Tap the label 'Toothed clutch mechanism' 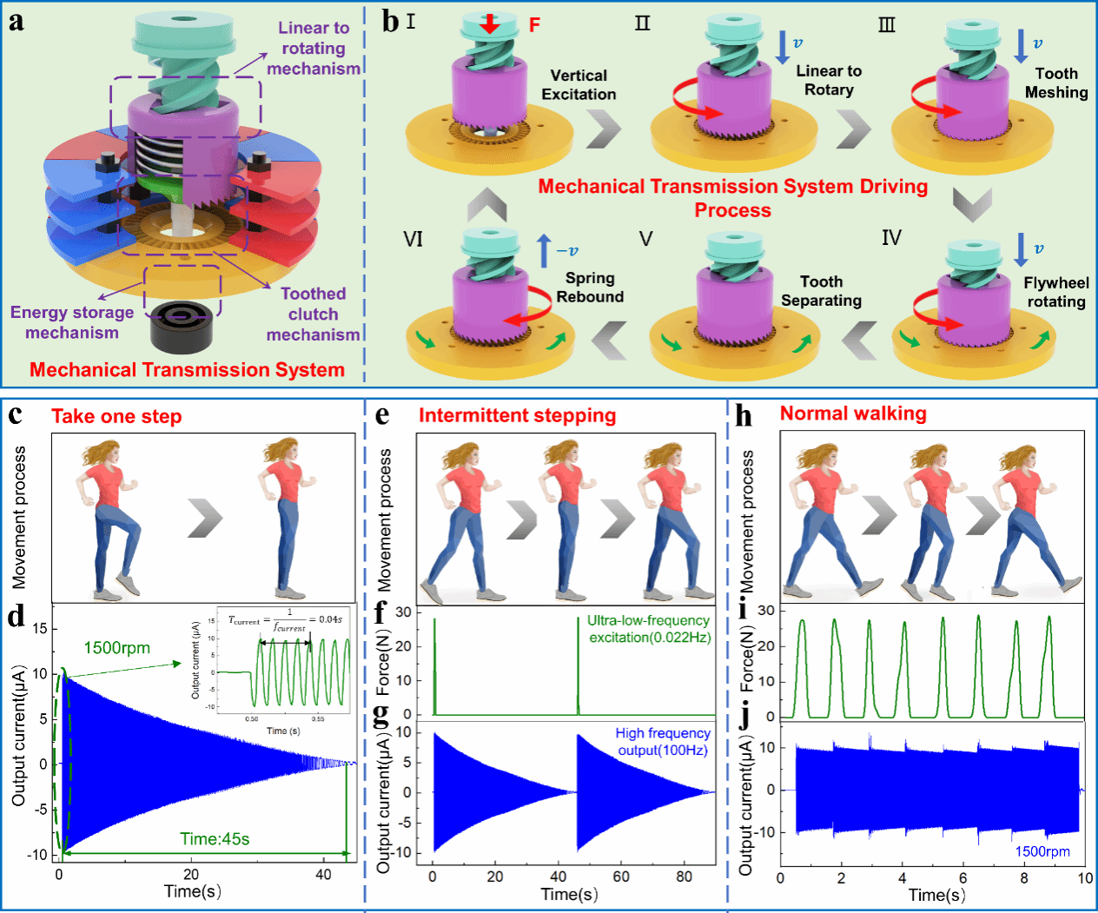click(x=313, y=314)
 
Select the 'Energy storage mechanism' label click(x=72, y=322)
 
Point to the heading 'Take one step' click(x=116, y=416)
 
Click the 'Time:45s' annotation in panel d click(x=215, y=838)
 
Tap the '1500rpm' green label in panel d click(x=116, y=647)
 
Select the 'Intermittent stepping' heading click(x=517, y=415)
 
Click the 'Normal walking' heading click(x=853, y=413)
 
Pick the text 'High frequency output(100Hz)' click(x=663, y=742)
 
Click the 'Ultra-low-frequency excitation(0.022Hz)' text click(x=649, y=629)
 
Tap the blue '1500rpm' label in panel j click(x=1042, y=851)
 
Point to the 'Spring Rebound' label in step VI click(x=590, y=288)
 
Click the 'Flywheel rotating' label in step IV click(x=1056, y=292)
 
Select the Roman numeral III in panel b click(x=886, y=24)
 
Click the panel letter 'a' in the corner click(x=16, y=22)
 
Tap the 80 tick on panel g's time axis click(x=685, y=877)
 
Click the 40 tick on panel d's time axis click(x=323, y=874)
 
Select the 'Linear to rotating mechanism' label click(x=314, y=48)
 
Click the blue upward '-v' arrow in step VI click(x=544, y=250)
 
